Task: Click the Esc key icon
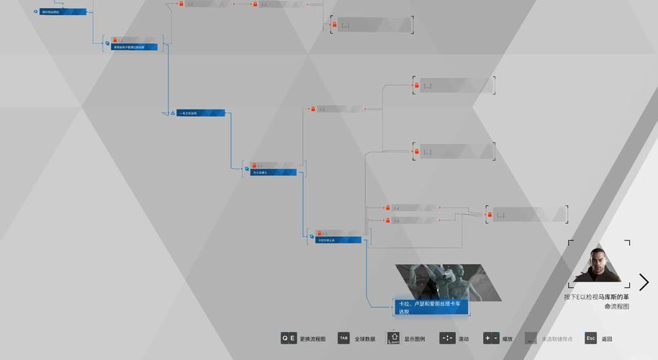tap(590, 338)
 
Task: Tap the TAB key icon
tap(343, 338)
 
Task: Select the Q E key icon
tap(288, 338)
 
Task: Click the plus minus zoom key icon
tap(491, 338)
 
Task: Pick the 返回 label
tap(607, 339)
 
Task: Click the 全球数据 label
tap(366, 339)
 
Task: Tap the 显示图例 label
tap(415, 339)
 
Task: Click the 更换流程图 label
tap(312, 339)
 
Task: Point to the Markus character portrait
tap(598, 264)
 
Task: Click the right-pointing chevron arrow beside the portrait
tap(644, 282)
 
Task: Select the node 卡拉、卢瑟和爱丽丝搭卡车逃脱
tap(431, 307)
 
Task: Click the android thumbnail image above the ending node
tap(440, 282)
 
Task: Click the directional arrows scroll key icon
tap(447, 338)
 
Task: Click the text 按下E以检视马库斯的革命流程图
tap(597, 301)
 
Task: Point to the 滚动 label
tap(464, 339)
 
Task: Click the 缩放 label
tap(508, 339)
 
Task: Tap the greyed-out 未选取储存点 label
tap(557, 339)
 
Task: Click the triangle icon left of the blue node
tap(173, 113)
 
